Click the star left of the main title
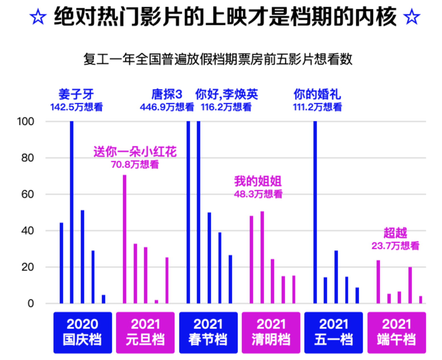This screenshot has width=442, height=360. [x=38, y=17]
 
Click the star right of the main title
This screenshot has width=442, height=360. [x=411, y=17]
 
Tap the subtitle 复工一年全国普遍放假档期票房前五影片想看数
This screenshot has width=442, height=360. [x=218, y=59]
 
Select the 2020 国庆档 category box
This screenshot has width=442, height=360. [x=82, y=332]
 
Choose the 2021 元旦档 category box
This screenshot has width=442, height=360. [x=145, y=332]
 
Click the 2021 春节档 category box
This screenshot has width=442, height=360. [x=208, y=332]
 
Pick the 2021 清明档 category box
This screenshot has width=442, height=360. [x=271, y=332]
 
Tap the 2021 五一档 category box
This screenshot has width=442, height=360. [x=333, y=332]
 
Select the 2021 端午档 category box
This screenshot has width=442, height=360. [x=396, y=332]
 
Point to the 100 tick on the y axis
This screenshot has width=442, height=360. [x=26, y=121]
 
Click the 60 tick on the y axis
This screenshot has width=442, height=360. [x=27, y=194]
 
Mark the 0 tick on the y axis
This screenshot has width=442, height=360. [x=30, y=303]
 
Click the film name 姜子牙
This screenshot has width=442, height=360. [x=76, y=94]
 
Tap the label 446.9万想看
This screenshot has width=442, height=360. [x=167, y=107]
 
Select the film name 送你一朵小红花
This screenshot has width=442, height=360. [x=135, y=152]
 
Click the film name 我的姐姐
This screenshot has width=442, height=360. [x=258, y=181]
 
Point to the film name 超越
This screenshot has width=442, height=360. [x=395, y=233]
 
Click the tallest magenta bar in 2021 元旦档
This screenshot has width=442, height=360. [x=125, y=239]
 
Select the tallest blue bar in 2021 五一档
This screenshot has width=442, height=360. [x=315, y=212]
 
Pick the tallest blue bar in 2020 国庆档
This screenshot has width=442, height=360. [x=72, y=212]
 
